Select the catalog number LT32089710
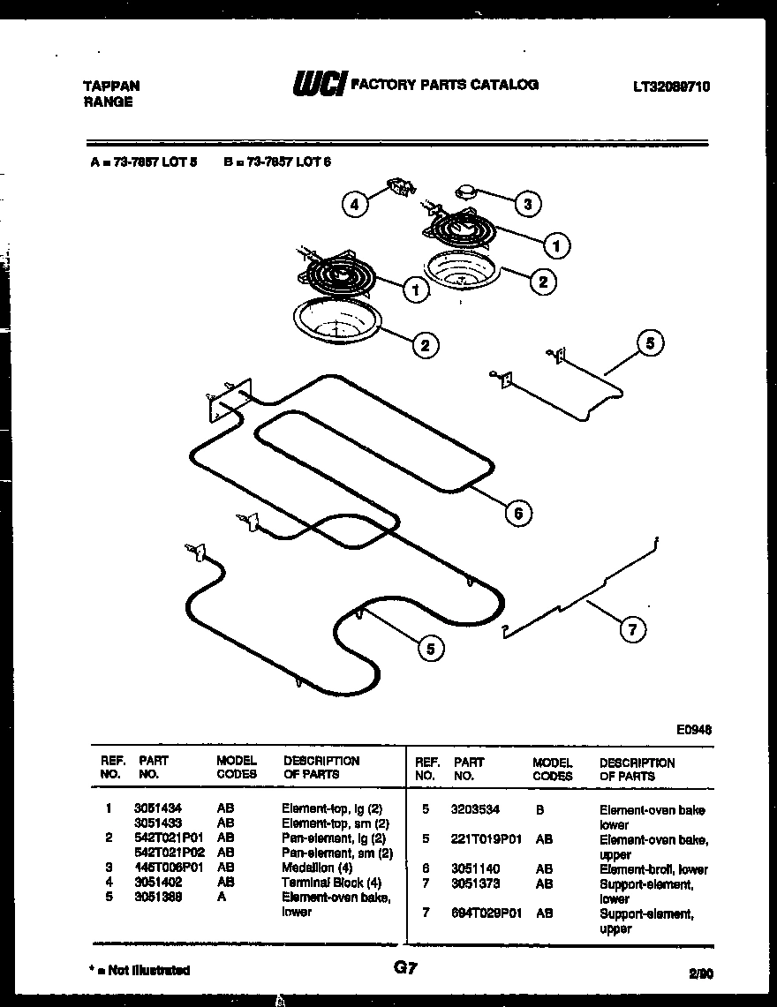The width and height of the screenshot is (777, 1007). (x=671, y=86)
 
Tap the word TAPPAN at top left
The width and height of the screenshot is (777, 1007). (x=110, y=86)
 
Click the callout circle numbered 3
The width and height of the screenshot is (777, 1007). (x=527, y=205)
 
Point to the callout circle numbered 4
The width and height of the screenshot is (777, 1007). (x=355, y=205)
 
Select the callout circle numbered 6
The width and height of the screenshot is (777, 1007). (x=518, y=512)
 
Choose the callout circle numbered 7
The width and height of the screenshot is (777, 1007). (x=631, y=629)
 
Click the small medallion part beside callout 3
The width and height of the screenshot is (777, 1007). (x=467, y=192)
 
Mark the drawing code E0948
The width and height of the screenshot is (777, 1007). (x=694, y=730)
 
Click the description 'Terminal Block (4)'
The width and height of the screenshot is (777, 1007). (x=331, y=883)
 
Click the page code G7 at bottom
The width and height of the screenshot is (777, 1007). (x=405, y=968)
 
